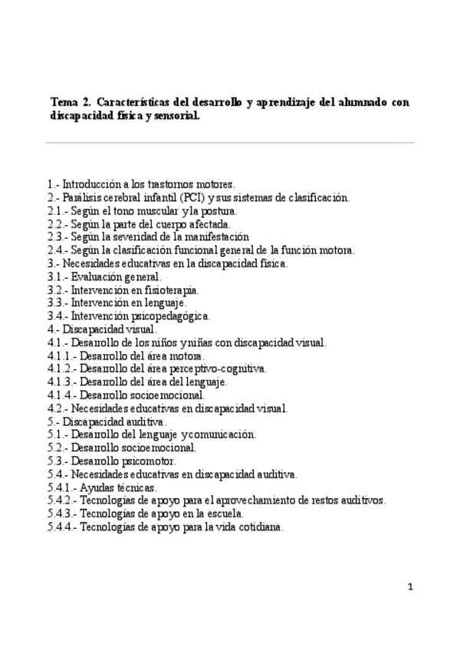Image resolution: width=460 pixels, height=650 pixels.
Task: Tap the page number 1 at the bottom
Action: point(411,588)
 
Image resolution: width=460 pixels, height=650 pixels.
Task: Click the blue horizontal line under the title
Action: point(230,143)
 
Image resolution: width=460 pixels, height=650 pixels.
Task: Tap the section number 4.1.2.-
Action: point(61,369)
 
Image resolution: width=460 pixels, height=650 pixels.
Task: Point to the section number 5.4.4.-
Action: point(61,527)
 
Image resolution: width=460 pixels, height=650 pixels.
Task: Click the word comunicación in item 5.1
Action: point(222,435)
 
